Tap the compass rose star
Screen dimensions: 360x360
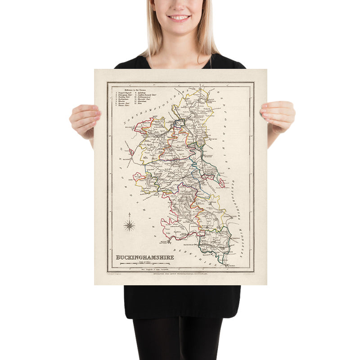(x=130, y=225)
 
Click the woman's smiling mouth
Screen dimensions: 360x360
(x=179, y=18)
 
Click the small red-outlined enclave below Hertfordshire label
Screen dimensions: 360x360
(x=222, y=182)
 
